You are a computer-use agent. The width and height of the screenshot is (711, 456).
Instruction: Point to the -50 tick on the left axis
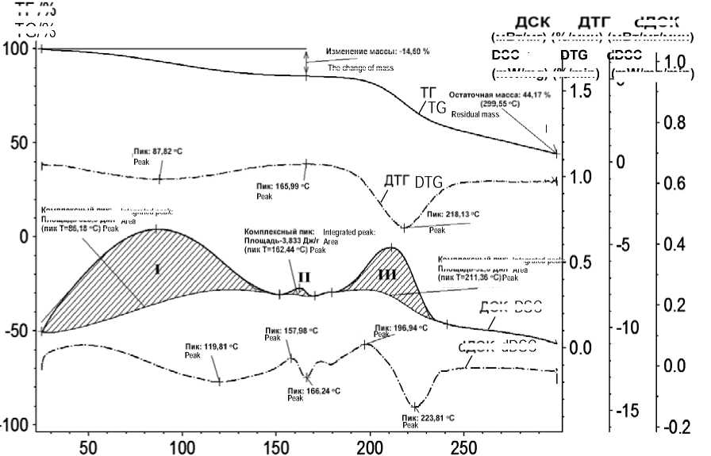(17, 330)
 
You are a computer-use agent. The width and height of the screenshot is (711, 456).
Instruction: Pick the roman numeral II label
(304, 277)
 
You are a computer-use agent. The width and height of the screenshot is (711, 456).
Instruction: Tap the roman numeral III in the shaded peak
(387, 274)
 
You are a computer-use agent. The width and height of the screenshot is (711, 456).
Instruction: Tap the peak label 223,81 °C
(429, 417)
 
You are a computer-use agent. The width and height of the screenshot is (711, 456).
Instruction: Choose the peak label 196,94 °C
(398, 326)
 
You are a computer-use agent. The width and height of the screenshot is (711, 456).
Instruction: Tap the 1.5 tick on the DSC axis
(581, 91)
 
